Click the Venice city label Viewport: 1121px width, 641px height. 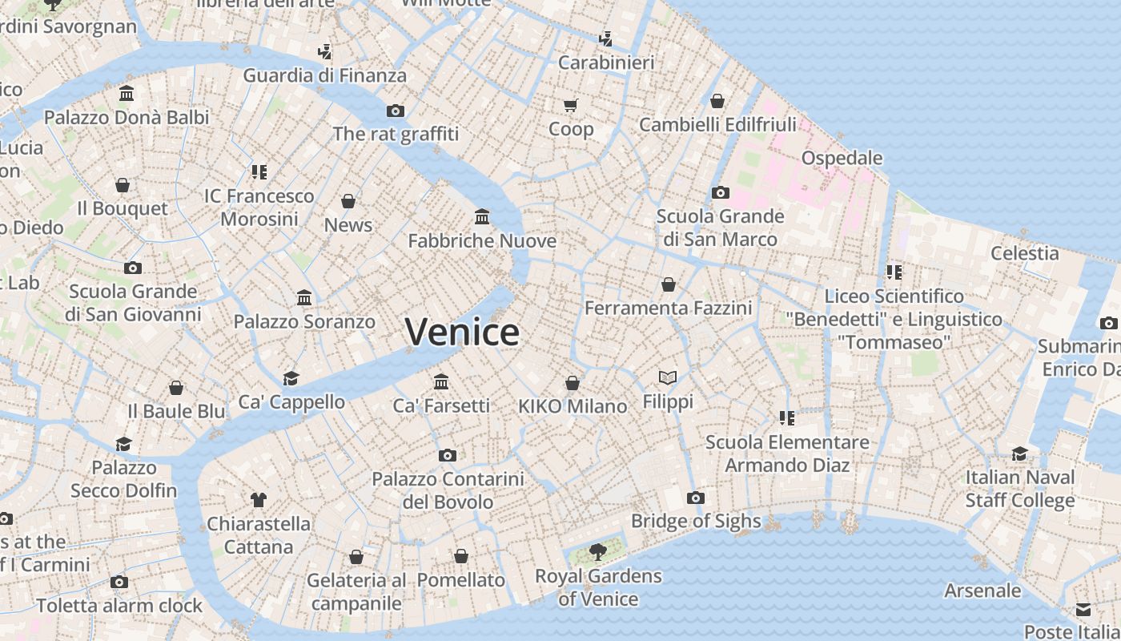click(462, 332)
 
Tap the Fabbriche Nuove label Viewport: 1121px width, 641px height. click(482, 240)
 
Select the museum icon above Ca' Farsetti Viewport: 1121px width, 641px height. click(441, 381)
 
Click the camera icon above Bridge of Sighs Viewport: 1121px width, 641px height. click(696, 498)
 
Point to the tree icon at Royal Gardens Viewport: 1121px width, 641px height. click(597, 551)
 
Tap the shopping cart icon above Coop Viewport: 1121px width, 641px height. click(571, 105)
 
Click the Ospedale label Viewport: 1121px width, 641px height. click(842, 157)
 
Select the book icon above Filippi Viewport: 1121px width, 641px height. click(668, 377)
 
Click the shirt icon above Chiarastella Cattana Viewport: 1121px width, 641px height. click(258, 500)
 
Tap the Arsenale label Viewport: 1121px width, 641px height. click(982, 591)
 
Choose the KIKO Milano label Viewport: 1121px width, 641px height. click(573, 406)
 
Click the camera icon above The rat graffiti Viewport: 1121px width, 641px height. click(396, 111)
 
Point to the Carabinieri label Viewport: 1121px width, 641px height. click(606, 62)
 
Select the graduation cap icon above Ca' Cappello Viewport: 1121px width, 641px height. click(291, 378)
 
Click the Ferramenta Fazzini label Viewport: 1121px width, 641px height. click(669, 308)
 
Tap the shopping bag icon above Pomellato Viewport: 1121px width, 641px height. click(461, 556)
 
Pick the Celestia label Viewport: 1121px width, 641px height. click(1025, 253)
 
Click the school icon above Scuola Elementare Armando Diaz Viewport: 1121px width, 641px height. click(787, 418)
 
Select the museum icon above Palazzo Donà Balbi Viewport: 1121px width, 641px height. click(127, 94)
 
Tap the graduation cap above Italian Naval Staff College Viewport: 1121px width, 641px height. click(1019, 454)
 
